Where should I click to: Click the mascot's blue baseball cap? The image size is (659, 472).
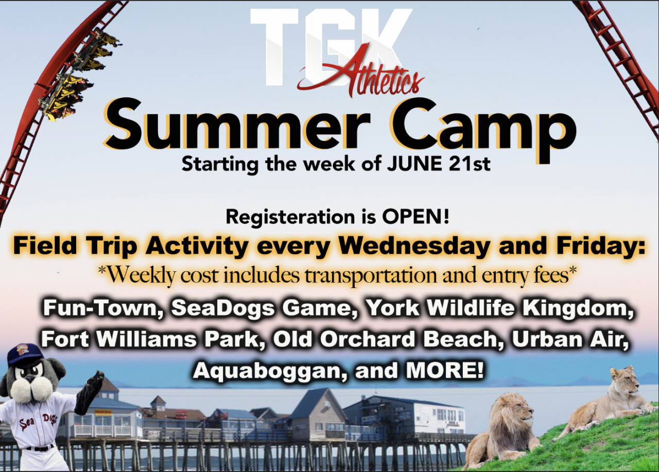(26, 354)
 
